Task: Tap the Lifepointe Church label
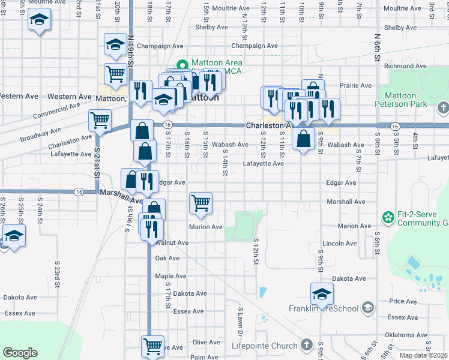pyautogui.click(x=265, y=346)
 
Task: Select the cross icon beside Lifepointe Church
pyautogui.click(x=307, y=345)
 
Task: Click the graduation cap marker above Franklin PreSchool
pyautogui.click(x=322, y=294)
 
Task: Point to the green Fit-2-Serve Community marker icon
pyautogui.click(x=388, y=216)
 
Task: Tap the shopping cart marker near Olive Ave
pyautogui.click(x=153, y=346)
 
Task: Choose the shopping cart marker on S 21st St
pyautogui.click(x=100, y=120)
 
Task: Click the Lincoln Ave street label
pyautogui.click(x=340, y=244)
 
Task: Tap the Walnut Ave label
pyautogui.click(x=172, y=243)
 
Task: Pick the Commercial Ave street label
pyautogui.click(x=57, y=111)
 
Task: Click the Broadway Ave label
pyautogui.click(x=41, y=134)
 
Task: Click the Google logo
pyautogui.click(x=20, y=353)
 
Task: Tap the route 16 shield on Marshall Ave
pyautogui.click(x=79, y=191)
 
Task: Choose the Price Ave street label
pyautogui.click(x=402, y=301)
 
